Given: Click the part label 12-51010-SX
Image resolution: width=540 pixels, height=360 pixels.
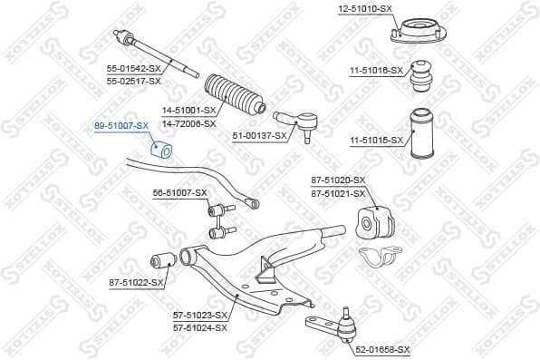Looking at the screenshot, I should click(366, 8).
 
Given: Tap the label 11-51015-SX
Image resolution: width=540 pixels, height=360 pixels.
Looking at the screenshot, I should click(374, 140).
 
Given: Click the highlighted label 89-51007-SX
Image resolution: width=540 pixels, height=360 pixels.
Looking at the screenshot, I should click(121, 127).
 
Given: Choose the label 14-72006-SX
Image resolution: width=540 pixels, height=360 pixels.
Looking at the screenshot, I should click(189, 122).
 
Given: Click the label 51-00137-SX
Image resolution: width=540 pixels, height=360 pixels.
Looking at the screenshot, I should click(259, 136).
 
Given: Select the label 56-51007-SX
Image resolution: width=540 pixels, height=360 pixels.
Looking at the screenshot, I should click(180, 192).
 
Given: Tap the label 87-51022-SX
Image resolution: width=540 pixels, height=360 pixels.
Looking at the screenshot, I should click(136, 283).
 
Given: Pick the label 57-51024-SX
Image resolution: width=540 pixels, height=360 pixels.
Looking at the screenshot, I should click(199, 326).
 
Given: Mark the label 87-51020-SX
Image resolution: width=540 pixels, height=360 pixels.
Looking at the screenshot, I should click(339, 180).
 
